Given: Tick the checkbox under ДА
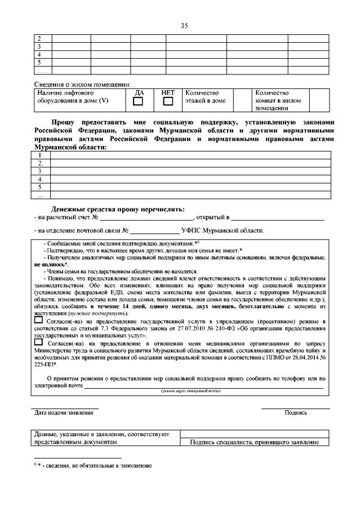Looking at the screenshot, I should coord(137,102).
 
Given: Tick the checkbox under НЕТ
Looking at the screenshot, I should coord(167,102).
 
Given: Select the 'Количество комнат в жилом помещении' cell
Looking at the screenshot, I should coord(280,100).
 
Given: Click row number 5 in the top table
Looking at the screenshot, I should coord(40,62).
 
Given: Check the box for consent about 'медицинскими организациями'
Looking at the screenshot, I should coord(38,342).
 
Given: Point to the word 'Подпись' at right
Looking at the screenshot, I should coord(295,413).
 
